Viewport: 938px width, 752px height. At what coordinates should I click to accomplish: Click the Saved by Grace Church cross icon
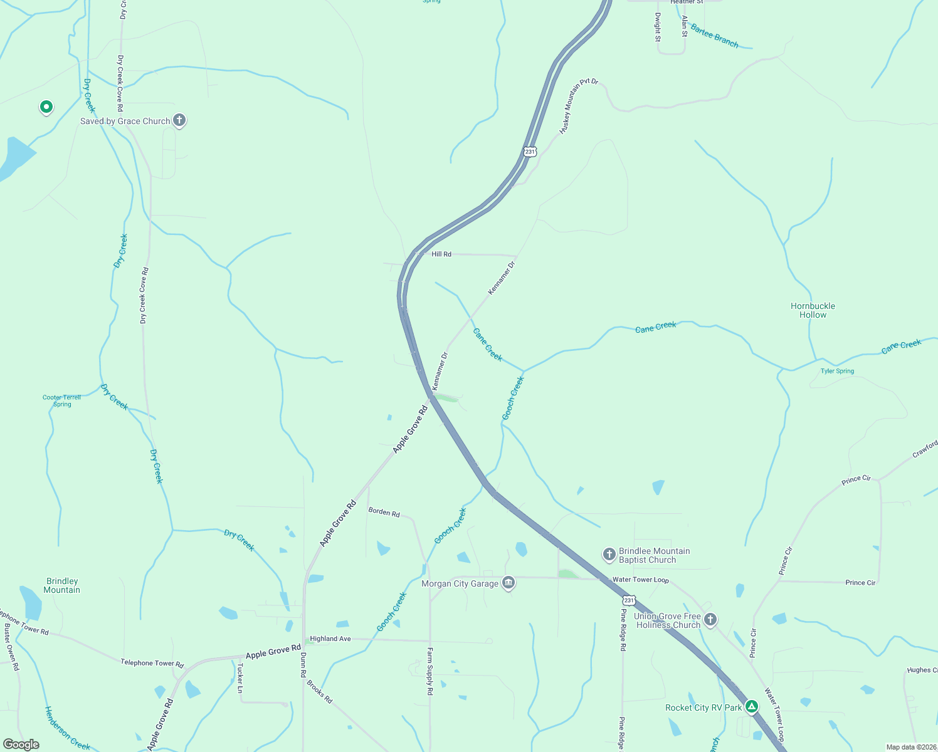pos(179,120)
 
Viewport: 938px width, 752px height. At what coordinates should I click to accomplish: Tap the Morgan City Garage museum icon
pos(509,583)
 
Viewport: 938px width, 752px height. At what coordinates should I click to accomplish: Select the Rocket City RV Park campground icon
pos(752,707)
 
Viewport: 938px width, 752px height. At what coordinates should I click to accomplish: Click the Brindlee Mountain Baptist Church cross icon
pos(609,555)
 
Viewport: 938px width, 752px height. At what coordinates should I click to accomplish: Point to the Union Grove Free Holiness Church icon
pos(710,620)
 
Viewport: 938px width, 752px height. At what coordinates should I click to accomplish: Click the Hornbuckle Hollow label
pos(813,310)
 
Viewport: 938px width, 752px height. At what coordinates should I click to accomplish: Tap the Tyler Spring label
pos(837,371)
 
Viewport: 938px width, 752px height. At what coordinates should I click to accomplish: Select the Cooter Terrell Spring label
pos(61,400)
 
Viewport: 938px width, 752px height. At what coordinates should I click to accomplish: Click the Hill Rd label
pos(441,254)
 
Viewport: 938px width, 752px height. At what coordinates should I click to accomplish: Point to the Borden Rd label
pos(384,512)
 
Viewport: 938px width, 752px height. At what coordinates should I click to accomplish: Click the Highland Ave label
pos(330,639)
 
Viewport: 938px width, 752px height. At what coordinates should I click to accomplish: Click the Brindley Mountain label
pos(62,585)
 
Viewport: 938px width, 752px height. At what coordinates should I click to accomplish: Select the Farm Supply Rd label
pos(430,671)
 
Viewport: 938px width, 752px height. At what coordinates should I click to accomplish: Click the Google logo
pos(21,744)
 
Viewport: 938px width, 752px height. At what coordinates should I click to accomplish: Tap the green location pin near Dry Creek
pos(46,107)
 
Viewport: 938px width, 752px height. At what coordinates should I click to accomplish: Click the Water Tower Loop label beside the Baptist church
pos(640,580)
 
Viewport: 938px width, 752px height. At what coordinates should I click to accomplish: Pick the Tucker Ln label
pos(240,678)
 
